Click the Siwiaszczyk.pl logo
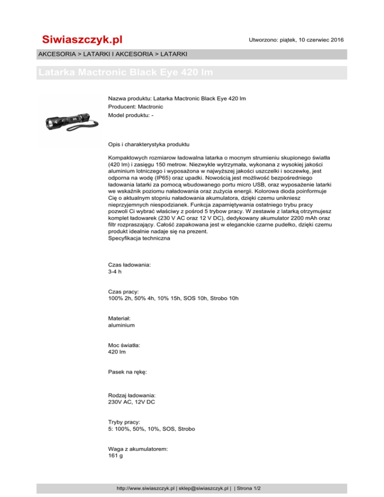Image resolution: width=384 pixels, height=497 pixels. (82, 39)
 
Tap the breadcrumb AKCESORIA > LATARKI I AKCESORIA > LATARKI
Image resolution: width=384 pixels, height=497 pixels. (112, 53)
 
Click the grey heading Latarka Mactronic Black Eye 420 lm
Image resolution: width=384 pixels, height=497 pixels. (125, 72)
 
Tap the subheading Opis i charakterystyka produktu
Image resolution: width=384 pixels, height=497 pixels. (148, 144)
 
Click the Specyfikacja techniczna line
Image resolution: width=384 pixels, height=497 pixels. (139, 238)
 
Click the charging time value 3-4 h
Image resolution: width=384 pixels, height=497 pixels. (115, 272)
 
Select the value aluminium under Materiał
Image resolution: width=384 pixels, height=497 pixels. (121, 325)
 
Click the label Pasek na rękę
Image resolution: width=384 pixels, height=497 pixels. (127, 372)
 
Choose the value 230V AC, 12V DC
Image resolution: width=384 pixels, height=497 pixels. (131, 402)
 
